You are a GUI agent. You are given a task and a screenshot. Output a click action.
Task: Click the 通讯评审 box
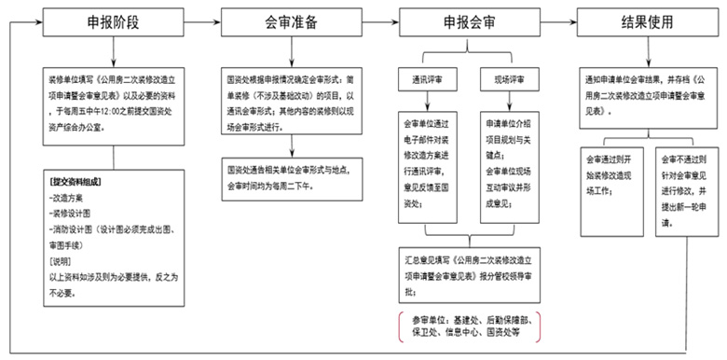425,79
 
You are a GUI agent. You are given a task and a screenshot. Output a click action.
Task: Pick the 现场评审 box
507,79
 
